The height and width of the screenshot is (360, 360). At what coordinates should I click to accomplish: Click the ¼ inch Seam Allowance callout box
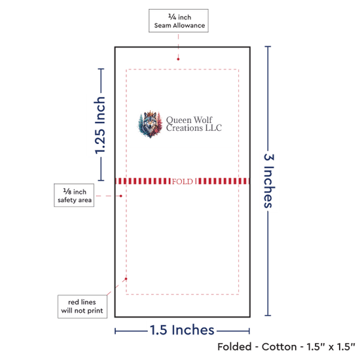click(179, 21)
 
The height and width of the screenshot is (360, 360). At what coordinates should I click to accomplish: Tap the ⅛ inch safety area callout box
click(74, 195)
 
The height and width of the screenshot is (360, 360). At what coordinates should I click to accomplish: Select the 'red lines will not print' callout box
click(82, 306)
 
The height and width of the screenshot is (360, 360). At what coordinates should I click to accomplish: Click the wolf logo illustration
click(150, 124)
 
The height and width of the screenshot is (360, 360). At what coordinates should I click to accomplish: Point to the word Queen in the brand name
click(179, 120)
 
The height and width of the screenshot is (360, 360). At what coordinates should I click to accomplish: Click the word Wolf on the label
click(203, 120)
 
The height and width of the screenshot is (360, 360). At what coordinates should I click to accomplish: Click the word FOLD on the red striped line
click(183, 181)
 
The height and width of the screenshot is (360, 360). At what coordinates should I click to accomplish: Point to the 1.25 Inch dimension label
click(100, 125)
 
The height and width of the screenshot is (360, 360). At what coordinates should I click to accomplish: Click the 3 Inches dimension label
click(269, 181)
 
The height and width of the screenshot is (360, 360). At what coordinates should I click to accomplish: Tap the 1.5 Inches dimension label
click(182, 330)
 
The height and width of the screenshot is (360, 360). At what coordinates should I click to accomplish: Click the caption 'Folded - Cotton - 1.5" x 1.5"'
click(286, 347)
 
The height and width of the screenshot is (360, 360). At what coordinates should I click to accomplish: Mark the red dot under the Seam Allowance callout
click(178, 59)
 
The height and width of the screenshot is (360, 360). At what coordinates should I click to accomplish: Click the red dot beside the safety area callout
click(121, 196)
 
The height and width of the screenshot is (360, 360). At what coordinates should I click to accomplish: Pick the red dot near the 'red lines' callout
click(126, 279)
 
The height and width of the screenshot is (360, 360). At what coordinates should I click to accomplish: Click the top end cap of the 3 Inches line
click(268, 47)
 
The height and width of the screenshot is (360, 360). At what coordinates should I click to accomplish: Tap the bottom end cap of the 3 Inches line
click(268, 315)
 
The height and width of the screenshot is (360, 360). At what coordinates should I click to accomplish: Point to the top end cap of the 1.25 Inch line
click(101, 69)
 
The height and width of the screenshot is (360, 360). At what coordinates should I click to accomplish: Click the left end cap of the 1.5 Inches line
click(115, 331)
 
